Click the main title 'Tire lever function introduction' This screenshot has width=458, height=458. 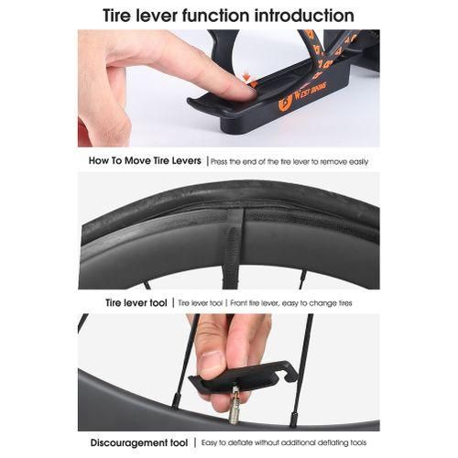[x=228, y=16]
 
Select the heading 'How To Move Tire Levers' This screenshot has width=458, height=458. [x=145, y=160]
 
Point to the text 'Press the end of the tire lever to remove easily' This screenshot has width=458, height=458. [x=289, y=162]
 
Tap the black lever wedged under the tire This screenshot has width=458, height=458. [x=233, y=247]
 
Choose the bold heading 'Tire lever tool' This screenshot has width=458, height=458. [x=136, y=303]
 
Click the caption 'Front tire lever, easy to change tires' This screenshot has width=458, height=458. [x=291, y=303]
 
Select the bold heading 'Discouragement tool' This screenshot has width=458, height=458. [x=139, y=442]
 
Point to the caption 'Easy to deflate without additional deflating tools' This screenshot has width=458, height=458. [x=284, y=442]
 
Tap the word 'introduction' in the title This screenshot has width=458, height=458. [x=304, y=16]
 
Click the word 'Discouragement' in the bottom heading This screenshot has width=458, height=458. [x=128, y=442]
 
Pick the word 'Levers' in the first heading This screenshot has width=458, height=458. [x=186, y=160]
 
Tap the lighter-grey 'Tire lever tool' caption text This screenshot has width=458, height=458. [x=200, y=303]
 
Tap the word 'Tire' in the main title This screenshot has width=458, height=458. [x=117, y=16]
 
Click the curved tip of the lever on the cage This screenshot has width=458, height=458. [x=192, y=103]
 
